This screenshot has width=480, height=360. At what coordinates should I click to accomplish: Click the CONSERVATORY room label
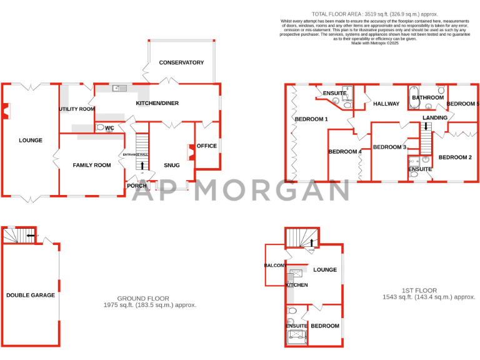[x=181, y=62]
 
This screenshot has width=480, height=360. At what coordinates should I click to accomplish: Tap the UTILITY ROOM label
[x=77, y=109]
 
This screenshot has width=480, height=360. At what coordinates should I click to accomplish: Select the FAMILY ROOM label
[x=92, y=165]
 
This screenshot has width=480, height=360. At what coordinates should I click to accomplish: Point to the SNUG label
[x=171, y=165]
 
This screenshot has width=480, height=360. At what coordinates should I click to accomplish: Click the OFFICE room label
[x=207, y=146]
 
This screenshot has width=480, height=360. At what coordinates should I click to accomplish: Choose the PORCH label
[x=136, y=186]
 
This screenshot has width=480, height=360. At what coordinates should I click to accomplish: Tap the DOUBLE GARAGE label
[x=31, y=295]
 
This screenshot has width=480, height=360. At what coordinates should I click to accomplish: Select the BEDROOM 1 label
[x=311, y=119]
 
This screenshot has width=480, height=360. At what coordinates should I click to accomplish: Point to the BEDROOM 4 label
[x=345, y=152]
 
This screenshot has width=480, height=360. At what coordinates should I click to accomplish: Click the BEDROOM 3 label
[x=389, y=147]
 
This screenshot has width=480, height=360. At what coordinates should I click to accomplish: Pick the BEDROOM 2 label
[x=455, y=157]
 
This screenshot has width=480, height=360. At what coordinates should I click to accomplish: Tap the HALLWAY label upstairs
[x=386, y=104]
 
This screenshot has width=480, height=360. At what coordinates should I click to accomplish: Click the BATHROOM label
[x=427, y=97]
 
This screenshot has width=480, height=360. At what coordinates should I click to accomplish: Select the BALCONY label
[x=275, y=266]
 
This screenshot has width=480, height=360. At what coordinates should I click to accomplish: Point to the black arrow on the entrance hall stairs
[x=142, y=166]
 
